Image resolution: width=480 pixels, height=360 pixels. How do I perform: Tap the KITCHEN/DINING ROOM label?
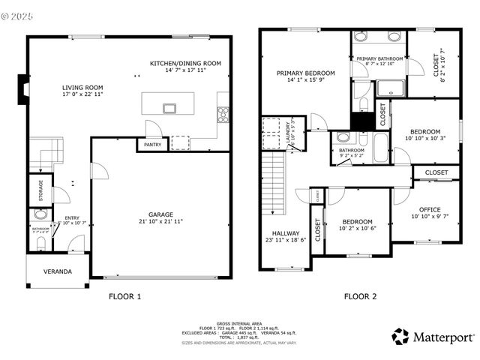pyautogui.click(x=185, y=64)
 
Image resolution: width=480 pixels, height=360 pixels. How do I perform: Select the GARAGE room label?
pyautogui.click(x=161, y=214)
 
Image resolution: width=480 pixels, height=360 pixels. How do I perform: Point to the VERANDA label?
pyautogui.click(x=57, y=271)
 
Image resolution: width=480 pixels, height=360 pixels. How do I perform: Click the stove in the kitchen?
pyautogui.click(x=223, y=115)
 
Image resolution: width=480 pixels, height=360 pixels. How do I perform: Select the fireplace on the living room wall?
pyautogui.click(x=23, y=89)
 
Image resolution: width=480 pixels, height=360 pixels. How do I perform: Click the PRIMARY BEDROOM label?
pyautogui.click(x=305, y=73)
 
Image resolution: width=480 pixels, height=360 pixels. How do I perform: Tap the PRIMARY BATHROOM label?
pyautogui.click(x=379, y=58)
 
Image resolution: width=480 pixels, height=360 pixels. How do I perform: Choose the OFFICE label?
pyautogui.click(x=425, y=209)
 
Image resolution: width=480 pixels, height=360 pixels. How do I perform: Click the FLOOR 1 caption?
pyautogui.click(x=124, y=296)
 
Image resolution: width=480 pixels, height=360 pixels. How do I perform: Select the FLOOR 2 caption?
pyautogui.click(x=360, y=296)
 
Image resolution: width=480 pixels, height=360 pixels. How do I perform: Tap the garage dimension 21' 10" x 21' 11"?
pyautogui.click(x=161, y=221)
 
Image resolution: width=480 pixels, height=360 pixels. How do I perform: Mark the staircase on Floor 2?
pyautogui.click(x=274, y=180)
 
